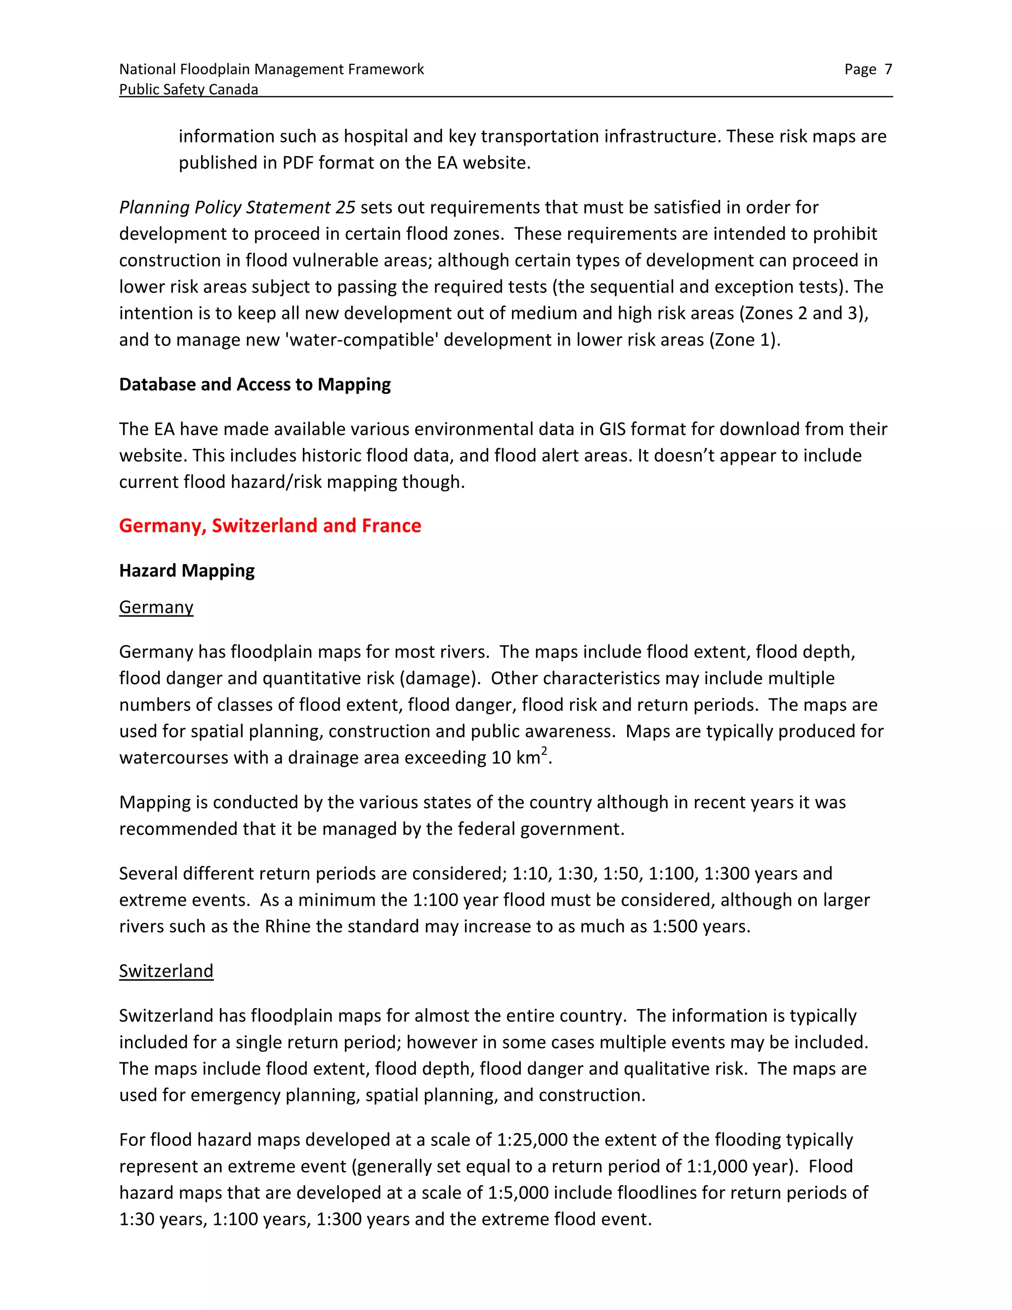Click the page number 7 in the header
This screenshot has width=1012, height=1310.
point(888,70)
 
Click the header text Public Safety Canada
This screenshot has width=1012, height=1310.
point(188,89)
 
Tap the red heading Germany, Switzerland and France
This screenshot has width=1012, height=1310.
point(270,525)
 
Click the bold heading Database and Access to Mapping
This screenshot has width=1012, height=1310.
point(255,385)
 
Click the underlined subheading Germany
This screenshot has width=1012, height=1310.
point(156,607)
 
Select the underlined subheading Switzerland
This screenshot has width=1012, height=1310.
point(166,971)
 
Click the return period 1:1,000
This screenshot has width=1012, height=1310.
point(717,1166)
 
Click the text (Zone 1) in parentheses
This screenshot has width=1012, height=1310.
point(744,340)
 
